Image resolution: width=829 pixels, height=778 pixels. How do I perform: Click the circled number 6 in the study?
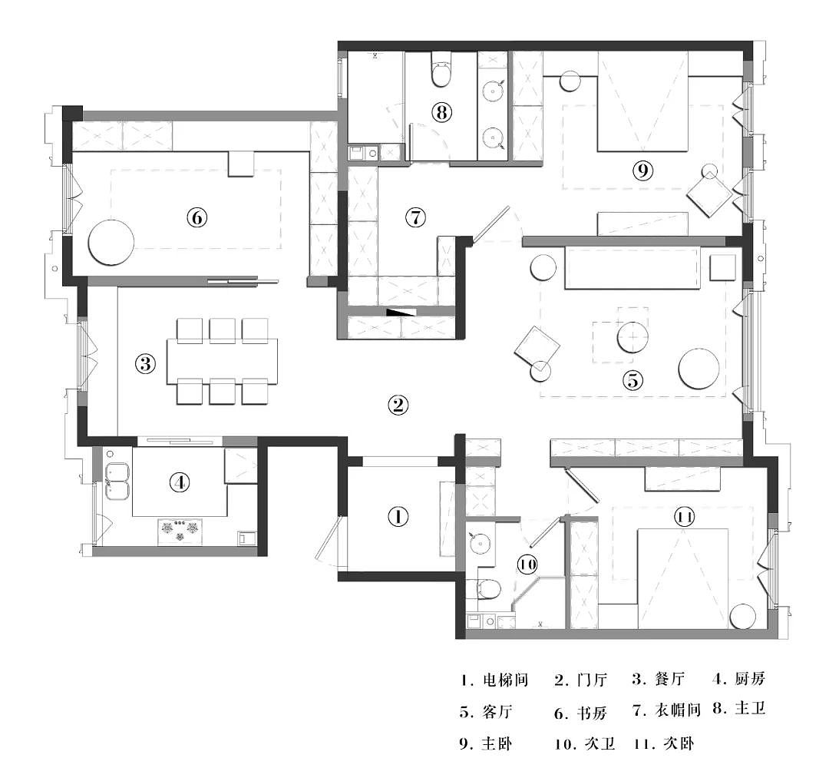pyautogui.click(x=197, y=217)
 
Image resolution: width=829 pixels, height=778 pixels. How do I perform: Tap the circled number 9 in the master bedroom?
pyautogui.click(x=643, y=170)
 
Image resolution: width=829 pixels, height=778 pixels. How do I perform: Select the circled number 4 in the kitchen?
pyautogui.click(x=180, y=482)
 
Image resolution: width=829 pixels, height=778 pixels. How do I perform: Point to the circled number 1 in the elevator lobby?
pyautogui.click(x=398, y=517)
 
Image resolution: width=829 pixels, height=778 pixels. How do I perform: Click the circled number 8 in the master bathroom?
pyautogui.click(x=441, y=112)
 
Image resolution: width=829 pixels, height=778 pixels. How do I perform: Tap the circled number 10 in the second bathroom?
pyautogui.click(x=527, y=564)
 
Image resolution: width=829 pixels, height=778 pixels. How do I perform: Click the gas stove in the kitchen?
pyautogui.click(x=180, y=531)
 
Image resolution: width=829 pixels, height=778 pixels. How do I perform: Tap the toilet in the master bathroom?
pyautogui.click(x=441, y=70)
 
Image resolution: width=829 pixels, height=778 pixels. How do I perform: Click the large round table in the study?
pyautogui.click(x=111, y=242)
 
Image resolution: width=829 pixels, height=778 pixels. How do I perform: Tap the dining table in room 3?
pyautogui.click(x=223, y=362)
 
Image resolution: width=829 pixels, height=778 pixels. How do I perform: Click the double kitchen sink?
pyautogui.click(x=117, y=481)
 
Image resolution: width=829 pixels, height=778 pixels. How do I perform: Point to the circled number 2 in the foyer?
pyautogui.click(x=398, y=406)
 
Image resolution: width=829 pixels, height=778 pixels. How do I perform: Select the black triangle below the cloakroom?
pyautogui.click(x=401, y=312)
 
